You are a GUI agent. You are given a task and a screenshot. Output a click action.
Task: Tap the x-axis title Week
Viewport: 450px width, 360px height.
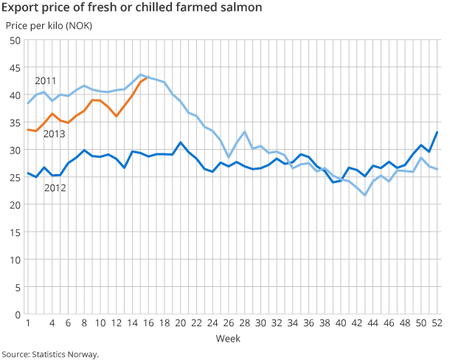[226, 338]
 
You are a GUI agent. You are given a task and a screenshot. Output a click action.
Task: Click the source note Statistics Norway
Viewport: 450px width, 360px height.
[50, 354]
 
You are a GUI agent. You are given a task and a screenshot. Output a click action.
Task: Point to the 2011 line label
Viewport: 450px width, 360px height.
[46, 80]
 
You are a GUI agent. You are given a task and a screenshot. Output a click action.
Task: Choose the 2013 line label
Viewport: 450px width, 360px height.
[54, 134]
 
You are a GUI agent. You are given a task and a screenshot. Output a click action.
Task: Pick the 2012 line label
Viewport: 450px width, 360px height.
[55, 188]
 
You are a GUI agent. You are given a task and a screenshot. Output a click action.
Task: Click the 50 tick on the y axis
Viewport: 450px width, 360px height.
[15, 41]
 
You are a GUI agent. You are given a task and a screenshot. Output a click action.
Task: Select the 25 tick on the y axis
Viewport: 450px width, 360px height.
[15, 178]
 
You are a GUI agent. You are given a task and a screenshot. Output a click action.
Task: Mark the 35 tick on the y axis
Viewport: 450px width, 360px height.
[15, 122]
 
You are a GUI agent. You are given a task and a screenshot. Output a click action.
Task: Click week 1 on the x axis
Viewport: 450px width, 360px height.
[27, 323]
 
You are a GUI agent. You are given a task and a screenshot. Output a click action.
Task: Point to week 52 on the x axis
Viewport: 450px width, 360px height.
[437, 323]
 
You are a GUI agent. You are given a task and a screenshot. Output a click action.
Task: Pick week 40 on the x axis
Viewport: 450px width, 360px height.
[341, 323]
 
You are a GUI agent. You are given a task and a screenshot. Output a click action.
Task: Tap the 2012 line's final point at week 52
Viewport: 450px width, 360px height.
[437, 132]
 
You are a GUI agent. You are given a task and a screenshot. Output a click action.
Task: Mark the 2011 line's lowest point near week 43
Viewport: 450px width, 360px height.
[365, 195]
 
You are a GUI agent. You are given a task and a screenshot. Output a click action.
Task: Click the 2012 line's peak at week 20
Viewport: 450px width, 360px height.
[180, 142]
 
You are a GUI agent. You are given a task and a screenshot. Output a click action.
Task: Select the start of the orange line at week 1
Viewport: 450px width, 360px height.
[27, 130]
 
